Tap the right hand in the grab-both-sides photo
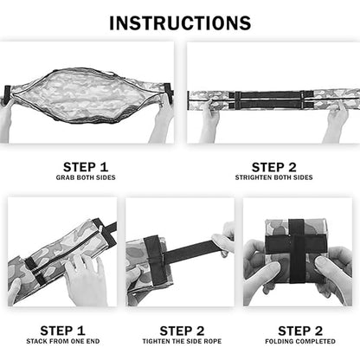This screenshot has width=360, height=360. [x=162, y=117]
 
